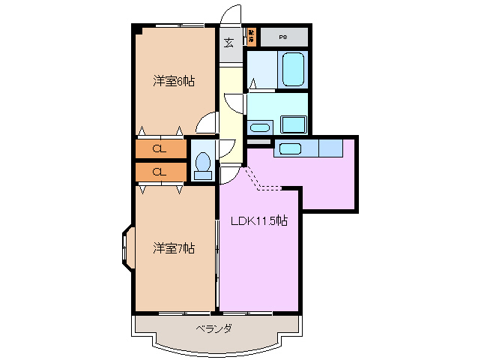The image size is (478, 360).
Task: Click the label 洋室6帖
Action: coord(174,81)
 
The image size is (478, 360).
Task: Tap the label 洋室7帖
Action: coord(174,247)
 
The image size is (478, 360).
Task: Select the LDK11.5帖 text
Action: coord(258,221)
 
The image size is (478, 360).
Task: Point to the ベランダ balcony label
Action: coord(214,328)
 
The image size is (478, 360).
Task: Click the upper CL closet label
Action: coord(159,148)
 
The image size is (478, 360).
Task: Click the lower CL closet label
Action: coord(159,172)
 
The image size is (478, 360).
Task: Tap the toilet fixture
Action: coord(202,164)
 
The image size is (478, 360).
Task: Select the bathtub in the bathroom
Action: coord(292,70)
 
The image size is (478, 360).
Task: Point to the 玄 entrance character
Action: coord(229,42)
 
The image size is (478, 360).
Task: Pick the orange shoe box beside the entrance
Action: coord(252,35)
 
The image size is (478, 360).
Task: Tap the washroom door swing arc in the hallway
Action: coord(234,103)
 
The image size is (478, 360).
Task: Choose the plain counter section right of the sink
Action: coord(330,148)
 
